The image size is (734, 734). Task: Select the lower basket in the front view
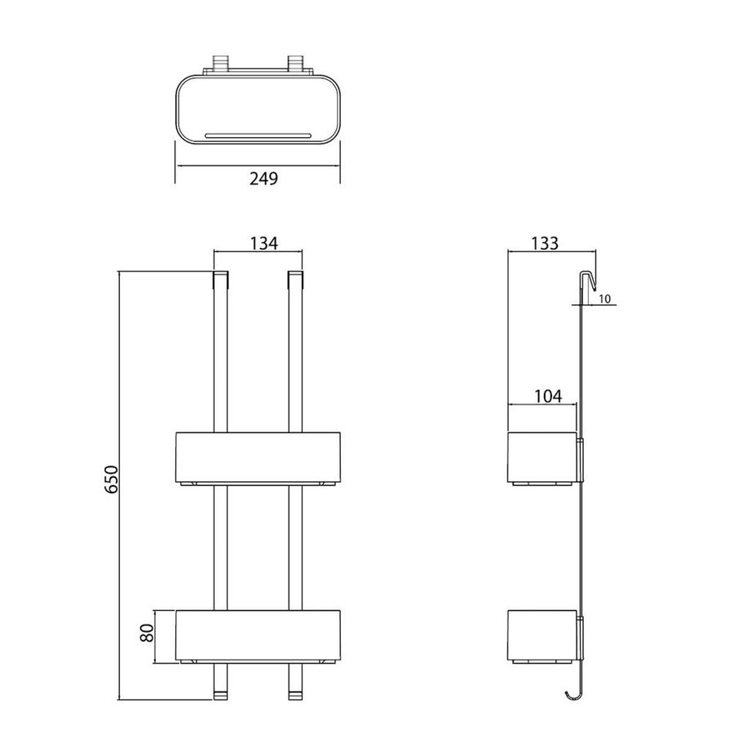pyautogui.click(x=258, y=634)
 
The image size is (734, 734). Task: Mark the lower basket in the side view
pyautogui.click(x=542, y=635)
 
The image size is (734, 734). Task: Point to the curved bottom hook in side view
pyautogui.click(x=573, y=693)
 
